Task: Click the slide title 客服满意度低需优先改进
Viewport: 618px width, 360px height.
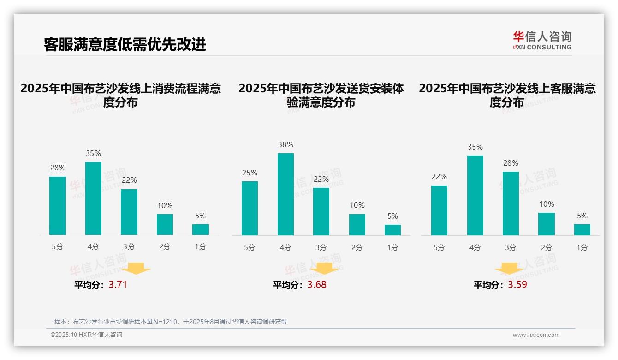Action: click(x=125, y=44)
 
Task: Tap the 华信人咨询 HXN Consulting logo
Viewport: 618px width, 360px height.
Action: click(x=542, y=41)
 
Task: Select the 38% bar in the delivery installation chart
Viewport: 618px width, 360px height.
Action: click(x=285, y=194)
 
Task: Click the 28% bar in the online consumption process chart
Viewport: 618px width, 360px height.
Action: click(x=58, y=206)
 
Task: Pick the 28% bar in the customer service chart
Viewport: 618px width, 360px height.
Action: click(x=511, y=204)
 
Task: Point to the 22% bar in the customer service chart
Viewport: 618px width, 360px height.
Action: click(x=439, y=210)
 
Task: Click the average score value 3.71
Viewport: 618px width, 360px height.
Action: click(x=118, y=285)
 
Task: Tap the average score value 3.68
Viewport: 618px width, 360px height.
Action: click(x=317, y=285)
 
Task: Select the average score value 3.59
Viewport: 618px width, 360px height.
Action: click(x=517, y=285)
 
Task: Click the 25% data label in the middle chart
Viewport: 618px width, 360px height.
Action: click(x=250, y=173)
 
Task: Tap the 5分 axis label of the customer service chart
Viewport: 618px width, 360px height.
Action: click(x=439, y=247)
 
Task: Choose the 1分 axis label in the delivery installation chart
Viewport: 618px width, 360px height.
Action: click(x=392, y=247)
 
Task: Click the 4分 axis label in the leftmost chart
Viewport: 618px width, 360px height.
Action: click(x=93, y=247)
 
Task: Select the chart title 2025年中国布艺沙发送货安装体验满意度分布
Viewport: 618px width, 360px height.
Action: click(x=321, y=95)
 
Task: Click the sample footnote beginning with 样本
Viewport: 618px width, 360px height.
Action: click(x=171, y=322)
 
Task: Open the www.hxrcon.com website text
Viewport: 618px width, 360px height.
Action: click(x=536, y=335)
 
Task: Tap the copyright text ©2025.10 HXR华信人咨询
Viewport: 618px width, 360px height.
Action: click(x=86, y=335)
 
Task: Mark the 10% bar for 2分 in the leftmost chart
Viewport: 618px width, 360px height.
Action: click(x=165, y=224)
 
